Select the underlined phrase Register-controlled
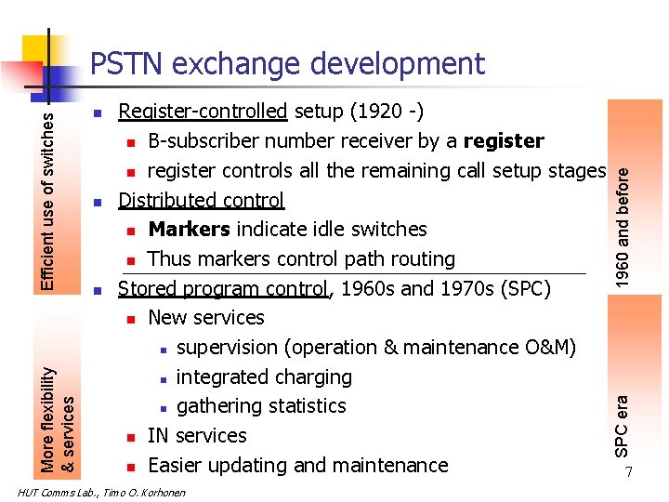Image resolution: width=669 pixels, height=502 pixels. coord(203,112)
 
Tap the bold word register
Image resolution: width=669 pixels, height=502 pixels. coord(504,141)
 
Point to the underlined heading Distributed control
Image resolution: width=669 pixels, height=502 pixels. coord(201,200)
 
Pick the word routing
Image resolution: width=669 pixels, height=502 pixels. coord(418,259)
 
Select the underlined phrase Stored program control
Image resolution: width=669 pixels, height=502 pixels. coord(224,288)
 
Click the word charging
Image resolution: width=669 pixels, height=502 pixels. coord(309,377)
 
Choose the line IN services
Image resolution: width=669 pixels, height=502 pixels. coord(197,436)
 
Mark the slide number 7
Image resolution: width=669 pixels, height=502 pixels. coord(629,473)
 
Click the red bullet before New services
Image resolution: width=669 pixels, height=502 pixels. coord(132,319)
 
